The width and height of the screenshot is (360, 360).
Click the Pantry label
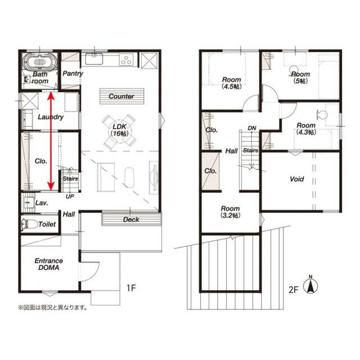coord(73,74)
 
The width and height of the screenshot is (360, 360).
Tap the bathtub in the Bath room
coord(40,61)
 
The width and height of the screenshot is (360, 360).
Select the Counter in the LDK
coord(121,96)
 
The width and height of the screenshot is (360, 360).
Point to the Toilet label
coord(47,224)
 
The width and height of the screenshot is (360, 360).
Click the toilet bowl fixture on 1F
coord(29,224)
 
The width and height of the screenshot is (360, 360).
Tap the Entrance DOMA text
coord(49,264)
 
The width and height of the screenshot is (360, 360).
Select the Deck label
coord(131,219)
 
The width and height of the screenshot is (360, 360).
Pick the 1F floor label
coord(131,288)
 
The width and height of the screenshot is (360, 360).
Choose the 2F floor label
coord(294,290)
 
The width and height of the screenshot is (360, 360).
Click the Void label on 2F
coord(296,179)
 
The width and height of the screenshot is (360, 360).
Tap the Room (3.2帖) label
coord(230,211)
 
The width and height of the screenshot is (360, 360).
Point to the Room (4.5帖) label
coord(232,83)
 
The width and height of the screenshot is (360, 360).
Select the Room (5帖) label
coord(300,78)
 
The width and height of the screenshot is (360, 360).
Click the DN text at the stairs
coord(252,128)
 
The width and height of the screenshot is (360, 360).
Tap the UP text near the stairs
coord(70,196)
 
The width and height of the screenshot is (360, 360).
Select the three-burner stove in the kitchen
coord(127,59)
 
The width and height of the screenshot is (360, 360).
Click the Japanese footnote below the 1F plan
coord(53,307)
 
